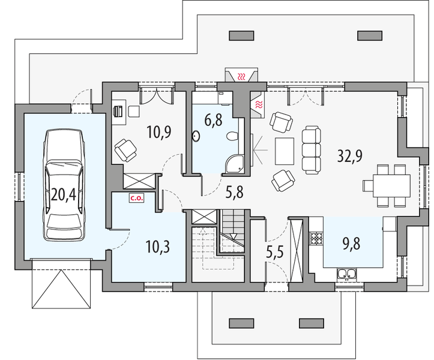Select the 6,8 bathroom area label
pos(214,120)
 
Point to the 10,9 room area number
pos(159,131)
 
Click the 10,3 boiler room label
pos(158,247)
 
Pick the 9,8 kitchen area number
pos(351,244)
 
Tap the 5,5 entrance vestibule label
pos(275,253)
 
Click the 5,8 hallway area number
pos(235,192)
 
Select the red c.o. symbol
pos(136,198)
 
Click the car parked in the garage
pos(64,185)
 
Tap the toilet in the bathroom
pos(232,136)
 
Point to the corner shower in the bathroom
pos(235,164)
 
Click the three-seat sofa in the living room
pos(312,150)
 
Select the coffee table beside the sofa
pos(285,151)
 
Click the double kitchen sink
pos(346,274)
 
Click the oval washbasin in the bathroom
pos(196,136)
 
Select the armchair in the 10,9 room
pos(125,150)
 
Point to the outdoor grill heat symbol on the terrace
pos(242,76)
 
